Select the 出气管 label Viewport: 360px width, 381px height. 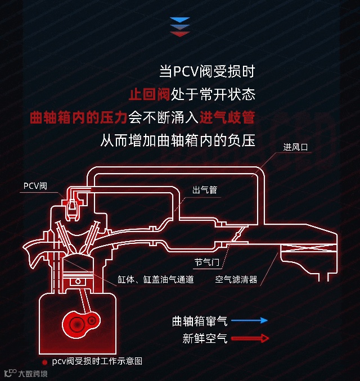204,190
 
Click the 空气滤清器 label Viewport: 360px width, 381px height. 236,279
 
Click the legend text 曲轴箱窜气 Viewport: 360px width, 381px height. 200,321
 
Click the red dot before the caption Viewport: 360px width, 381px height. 44,362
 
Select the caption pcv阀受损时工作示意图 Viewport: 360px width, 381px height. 97,361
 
